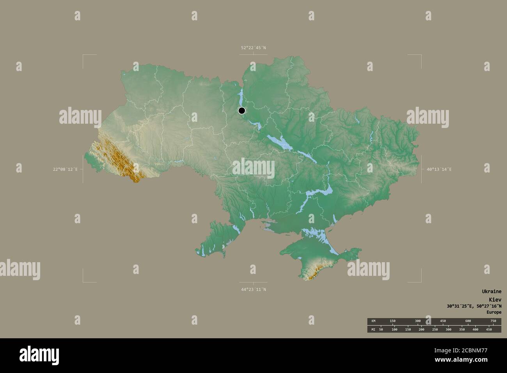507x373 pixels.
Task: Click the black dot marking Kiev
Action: tap(242, 110)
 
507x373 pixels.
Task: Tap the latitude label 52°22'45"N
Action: tap(253, 48)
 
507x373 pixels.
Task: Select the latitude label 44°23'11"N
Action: tap(253, 290)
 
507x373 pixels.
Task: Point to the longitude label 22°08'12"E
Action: tap(66, 169)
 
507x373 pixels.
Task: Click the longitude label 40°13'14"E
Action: tap(439, 169)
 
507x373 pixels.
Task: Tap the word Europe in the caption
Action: tap(494, 313)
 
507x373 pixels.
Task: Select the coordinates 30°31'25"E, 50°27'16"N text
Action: tap(474, 306)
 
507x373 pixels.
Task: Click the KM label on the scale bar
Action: tap(373, 321)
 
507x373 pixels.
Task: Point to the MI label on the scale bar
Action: tap(373, 330)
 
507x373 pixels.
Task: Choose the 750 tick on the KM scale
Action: tap(493, 321)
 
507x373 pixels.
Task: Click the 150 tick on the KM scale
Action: tap(392, 321)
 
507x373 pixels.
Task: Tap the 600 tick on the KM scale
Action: tap(468, 321)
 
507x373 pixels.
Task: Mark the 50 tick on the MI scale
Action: tap(381, 330)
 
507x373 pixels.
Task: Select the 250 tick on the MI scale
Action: tap(435, 330)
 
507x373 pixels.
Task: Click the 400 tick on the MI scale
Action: tap(475, 330)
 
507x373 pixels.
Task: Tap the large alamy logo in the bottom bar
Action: tap(39, 355)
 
